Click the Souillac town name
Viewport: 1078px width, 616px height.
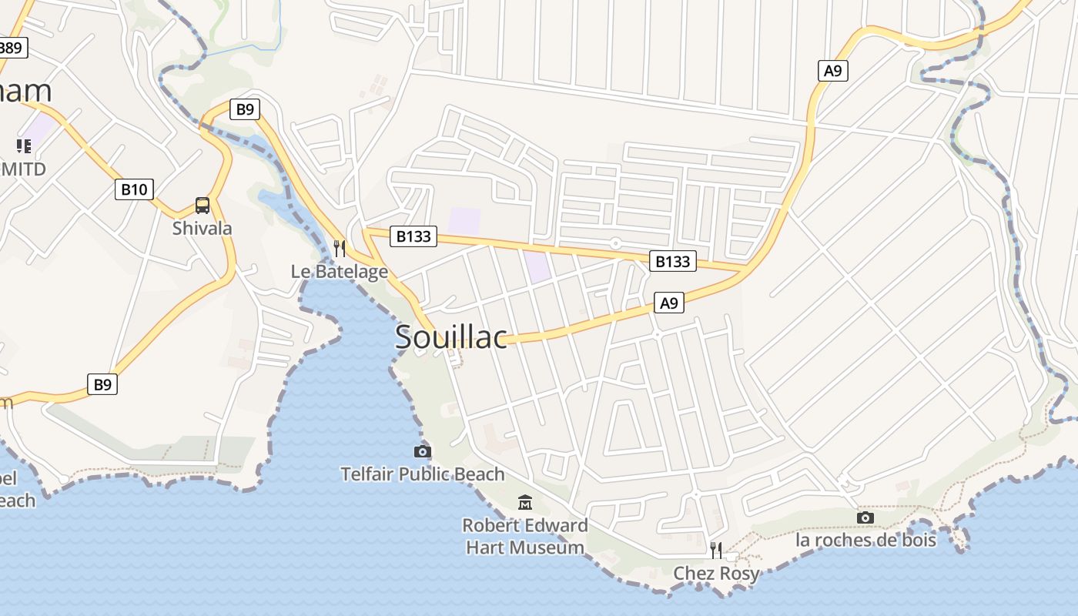(x=451, y=336)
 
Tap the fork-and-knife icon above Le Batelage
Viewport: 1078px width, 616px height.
(x=339, y=248)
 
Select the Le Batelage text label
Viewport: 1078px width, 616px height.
(x=339, y=271)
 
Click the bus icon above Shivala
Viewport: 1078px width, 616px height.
(x=203, y=206)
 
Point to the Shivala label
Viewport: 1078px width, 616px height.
(x=202, y=228)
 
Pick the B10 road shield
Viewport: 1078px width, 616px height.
(x=134, y=189)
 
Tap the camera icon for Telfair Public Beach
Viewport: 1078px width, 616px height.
(x=423, y=451)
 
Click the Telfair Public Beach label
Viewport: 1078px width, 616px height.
(x=423, y=474)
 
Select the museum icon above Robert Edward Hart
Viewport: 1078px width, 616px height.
(x=525, y=503)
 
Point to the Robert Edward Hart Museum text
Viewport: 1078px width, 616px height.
(x=525, y=537)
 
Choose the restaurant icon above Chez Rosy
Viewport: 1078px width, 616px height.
(x=716, y=550)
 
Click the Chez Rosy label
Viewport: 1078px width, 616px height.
(x=716, y=573)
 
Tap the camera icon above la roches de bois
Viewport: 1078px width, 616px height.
(x=865, y=517)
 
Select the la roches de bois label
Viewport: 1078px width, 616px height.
(x=865, y=540)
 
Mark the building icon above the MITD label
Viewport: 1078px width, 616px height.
(x=24, y=146)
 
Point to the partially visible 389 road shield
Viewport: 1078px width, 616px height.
(x=12, y=48)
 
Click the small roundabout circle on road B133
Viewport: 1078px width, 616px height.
(x=615, y=243)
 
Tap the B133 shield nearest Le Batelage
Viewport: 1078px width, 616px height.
(x=413, y=236)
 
